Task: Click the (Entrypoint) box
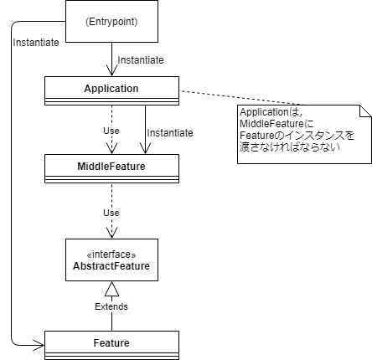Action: point(111,22)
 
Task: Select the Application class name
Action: point(111,89)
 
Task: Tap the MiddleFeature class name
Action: point(111,167)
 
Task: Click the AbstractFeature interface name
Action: point(111,266)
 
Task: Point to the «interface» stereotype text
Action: point(111,255)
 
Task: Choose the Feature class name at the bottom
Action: point(111,343)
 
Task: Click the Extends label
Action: point(111,306)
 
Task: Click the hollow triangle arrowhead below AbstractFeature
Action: point(111,289)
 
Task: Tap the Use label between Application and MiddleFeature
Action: point(111,131)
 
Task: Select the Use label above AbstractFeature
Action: point(111,213)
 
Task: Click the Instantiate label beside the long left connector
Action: point(36,43)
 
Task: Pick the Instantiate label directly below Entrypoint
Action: point(141,60)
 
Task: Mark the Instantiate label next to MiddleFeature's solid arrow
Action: point(170,133)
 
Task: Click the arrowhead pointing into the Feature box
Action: point(39,345)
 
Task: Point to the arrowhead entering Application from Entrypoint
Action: point(111,70)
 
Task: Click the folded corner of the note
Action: point(365,111)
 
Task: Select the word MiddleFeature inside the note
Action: point(271,124)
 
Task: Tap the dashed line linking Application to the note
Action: point(241,98)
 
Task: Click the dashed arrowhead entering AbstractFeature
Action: point(111,233)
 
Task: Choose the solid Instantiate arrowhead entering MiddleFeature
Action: point(145,148)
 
